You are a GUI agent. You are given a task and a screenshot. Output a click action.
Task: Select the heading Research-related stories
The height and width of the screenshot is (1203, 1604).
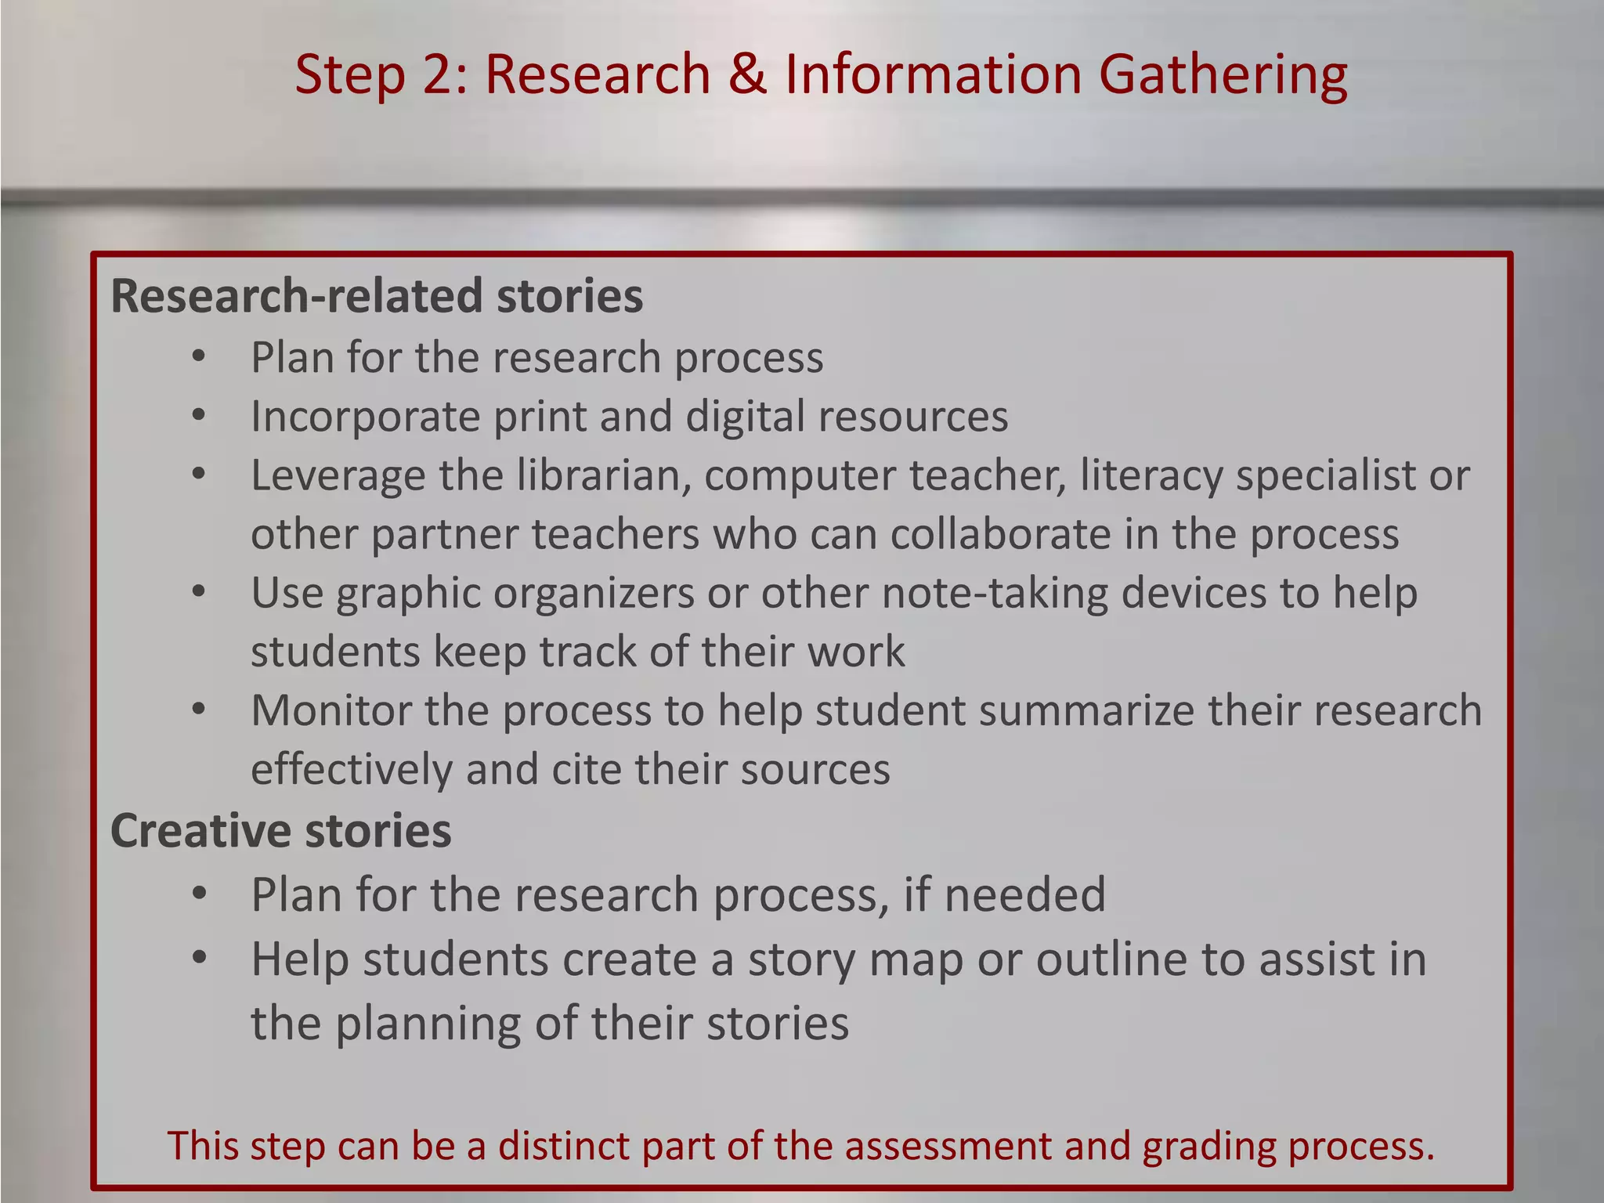pos(377,296)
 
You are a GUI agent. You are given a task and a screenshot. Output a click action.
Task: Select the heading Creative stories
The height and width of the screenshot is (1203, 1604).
pos(280,831)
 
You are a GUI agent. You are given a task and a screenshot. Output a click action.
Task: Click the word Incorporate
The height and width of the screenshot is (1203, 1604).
pos(364,417)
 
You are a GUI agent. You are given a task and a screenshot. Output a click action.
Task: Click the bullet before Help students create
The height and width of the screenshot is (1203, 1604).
pos(199,958)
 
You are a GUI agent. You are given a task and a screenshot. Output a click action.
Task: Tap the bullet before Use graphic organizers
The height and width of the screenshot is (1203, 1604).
pos(199,592)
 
